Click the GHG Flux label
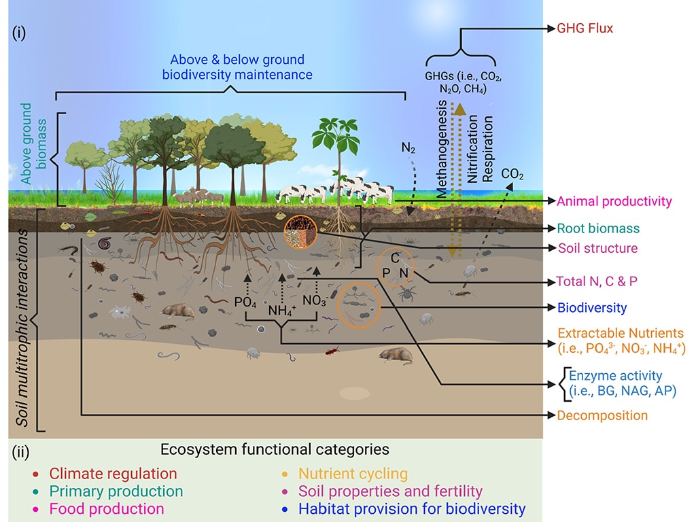coord(585,29)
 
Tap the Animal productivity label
coord(614,201)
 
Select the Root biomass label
coord(598,228)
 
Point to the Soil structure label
coord(597,248)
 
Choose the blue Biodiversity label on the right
coord(591,308)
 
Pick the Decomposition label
coord(602,415)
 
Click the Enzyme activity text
coord(615,376)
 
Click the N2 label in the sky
coord(408,147)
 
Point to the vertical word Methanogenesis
coord(442,149)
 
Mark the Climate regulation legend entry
coord(113,474)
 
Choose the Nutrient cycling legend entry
coord(353,474)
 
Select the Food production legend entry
coord(107,508)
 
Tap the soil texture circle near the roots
coord(300,232)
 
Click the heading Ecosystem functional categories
coord(275,449)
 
